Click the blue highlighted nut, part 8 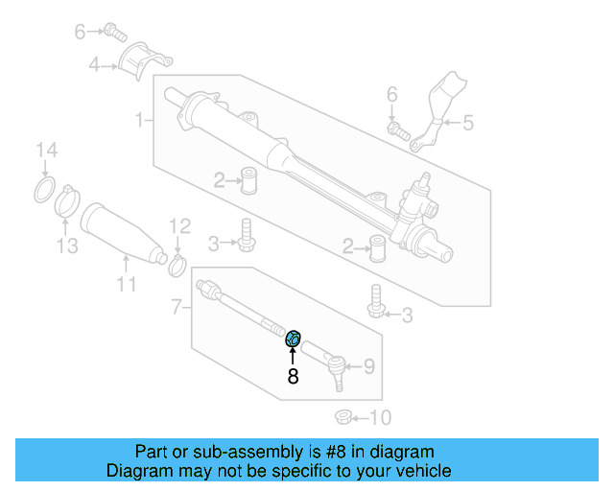coord(295,337)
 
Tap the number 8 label coord(294,377)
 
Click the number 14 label coord(46,151)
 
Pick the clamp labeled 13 coord(66,202)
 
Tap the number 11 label coord(127,284)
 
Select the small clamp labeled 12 coord(177,264)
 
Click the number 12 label coord(180,226)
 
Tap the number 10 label coord(380,417)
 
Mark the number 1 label coord(140,120)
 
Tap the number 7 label coord(176,307)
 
